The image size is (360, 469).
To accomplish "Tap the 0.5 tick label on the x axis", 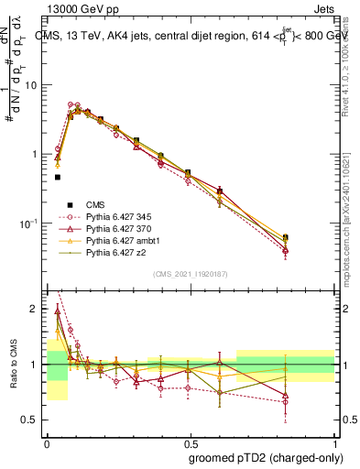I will coord(191,442).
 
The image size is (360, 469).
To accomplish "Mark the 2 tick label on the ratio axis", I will coord(36,309).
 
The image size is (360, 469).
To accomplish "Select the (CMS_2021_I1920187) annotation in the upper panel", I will coord(191,272).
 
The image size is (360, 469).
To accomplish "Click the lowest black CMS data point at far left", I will coord(57,177).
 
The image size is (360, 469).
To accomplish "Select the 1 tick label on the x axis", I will coord(335,442).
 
